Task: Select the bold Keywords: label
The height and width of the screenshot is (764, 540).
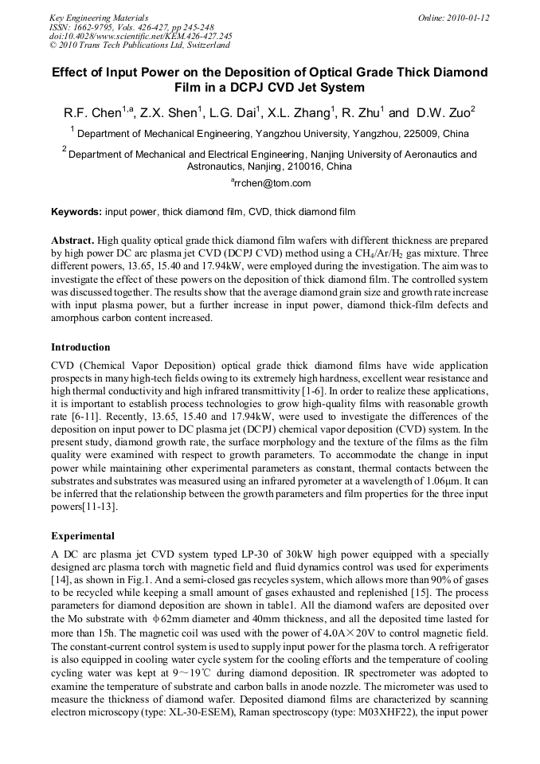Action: point(76,212)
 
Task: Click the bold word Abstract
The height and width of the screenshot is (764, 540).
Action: point(72,240)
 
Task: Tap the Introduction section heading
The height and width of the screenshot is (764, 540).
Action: point(80,347)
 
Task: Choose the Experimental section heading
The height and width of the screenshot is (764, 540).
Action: point(83,536)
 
